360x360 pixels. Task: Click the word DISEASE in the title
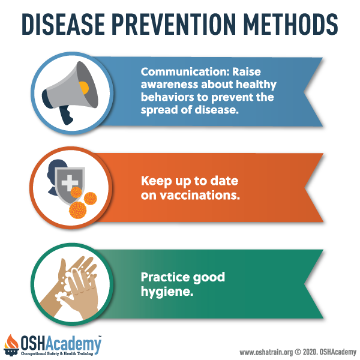63,25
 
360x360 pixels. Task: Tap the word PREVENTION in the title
174,25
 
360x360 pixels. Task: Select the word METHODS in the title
290,25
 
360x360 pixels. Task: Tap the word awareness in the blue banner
169,85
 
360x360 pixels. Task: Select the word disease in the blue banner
217,110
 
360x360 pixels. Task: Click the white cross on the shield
70,183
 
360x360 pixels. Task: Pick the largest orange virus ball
78,210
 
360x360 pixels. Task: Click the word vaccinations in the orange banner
200,196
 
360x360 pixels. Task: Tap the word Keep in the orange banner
156,181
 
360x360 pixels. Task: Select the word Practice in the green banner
165,277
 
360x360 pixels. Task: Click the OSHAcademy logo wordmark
61,344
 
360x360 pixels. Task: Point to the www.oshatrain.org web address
266,352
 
